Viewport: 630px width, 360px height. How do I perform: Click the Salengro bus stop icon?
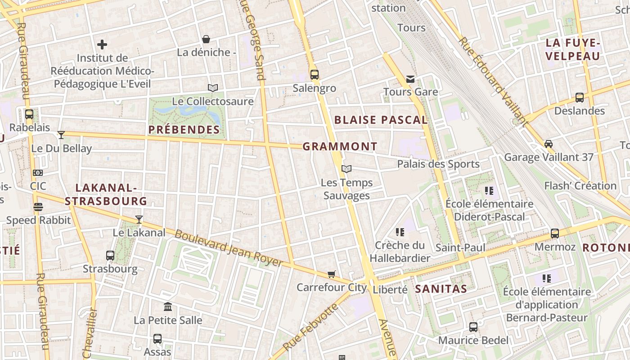[x=314, y=74]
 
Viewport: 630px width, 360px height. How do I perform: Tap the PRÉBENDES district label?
[x=184, y=130]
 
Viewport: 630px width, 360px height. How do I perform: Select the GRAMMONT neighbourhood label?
[x=340, y=147]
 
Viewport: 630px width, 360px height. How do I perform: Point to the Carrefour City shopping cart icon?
[x=332, y=274]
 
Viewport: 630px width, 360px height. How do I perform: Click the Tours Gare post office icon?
[x=410, y=79]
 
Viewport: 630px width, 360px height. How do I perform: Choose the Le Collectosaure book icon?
[x=213, y=88]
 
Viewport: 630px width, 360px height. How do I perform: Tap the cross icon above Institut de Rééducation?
[x=102, y=45]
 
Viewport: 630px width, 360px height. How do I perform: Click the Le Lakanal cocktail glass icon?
[x=139, y=220]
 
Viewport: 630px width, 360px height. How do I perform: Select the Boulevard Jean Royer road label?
[x=229, y=248]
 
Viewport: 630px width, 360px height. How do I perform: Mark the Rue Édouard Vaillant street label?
[x=493, y=81]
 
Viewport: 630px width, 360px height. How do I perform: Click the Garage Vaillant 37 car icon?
[x=549, y=144]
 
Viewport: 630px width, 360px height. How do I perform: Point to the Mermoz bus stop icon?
[x=555, y=234]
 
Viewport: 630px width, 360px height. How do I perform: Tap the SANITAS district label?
[x=441, y=289]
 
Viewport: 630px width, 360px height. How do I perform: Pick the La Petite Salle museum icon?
[x=168, y=307]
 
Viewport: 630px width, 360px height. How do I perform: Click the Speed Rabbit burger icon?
[x=38, y=207]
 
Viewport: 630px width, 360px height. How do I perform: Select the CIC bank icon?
[x=38, y=173]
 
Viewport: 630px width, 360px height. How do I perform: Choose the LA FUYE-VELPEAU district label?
[x=573, y=49]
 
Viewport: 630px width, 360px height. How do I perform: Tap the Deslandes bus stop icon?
[x=580, y=98]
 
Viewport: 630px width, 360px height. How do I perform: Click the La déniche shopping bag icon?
[x=206, y=39]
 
